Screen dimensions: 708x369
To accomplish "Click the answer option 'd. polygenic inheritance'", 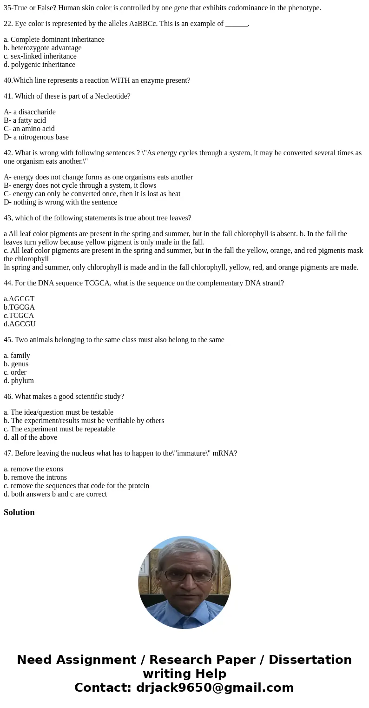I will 39,65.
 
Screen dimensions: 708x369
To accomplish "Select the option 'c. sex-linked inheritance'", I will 40,56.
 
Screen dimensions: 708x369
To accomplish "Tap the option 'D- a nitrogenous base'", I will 36,137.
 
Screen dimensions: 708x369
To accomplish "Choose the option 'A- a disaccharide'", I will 29,112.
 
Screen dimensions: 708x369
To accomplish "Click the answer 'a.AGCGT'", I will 19,299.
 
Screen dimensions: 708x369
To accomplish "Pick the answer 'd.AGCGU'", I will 20,324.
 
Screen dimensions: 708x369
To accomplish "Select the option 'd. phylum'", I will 19,381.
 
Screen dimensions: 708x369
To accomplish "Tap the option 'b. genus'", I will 16,364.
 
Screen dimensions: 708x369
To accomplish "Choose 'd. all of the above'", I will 30,437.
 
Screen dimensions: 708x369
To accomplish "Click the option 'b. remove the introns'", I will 35,477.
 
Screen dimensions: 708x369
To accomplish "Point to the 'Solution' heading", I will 19,512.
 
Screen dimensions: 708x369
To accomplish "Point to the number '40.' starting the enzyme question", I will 8,80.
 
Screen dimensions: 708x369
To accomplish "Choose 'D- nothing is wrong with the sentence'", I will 60,202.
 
